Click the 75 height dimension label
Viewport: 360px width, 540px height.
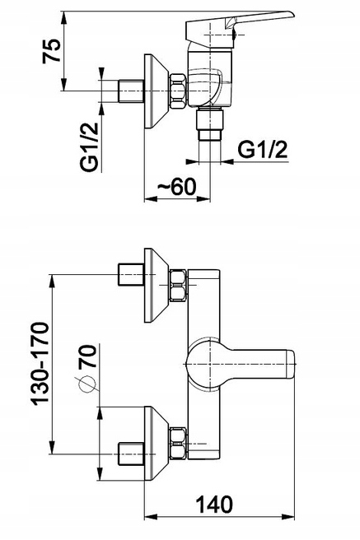click(x=52, y=51)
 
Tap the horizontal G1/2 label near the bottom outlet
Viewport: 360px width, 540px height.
click(x=263, y=150)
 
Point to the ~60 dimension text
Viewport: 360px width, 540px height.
click(x=177, y=186)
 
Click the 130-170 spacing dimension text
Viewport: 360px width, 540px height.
click(x=40, y=363)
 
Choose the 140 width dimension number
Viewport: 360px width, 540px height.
click(x=214, y=505)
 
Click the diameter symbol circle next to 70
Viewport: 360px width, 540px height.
click(x=86, y=384)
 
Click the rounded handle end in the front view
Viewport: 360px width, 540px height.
click(x=291, y=365)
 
